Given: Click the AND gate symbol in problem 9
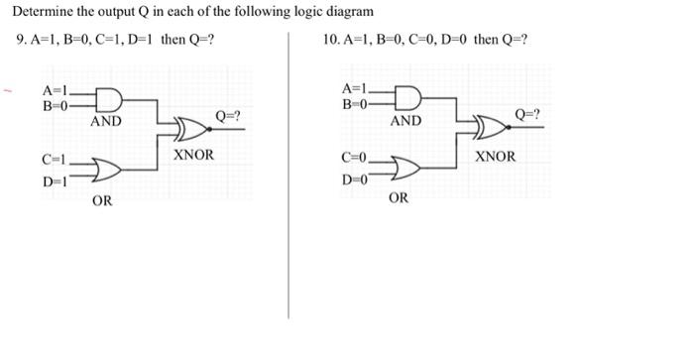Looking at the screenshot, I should tap(107, 100).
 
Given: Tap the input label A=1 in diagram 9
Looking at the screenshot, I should tap(56, 92).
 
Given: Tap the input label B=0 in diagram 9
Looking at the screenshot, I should tap(56, 107).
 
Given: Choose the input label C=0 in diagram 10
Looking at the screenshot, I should tap(354, 159).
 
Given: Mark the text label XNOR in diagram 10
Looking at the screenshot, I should tap(496, 157).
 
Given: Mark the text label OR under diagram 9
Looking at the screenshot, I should tap(101, 201).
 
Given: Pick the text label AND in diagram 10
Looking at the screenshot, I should tap(405, 121).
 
